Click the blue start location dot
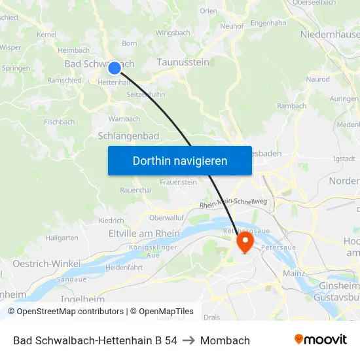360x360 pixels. coord(115,67)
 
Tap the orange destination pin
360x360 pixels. coord(245,243)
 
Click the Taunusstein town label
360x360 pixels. coord(183,62)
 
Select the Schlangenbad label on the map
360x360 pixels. coord(128,135)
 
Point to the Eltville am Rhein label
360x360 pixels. coord(144,233)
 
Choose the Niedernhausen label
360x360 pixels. coord(330,34)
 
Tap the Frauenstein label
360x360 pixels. coord(179,182)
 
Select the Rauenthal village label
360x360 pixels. coord(135,190)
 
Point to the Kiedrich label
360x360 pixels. coord(111,221)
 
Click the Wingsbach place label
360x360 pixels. coord(173,32)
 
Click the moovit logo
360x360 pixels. coord(321,340)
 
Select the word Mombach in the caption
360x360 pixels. coord(225,340)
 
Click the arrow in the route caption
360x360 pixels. coord(189,340)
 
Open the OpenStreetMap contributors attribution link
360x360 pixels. coord(69,312)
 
